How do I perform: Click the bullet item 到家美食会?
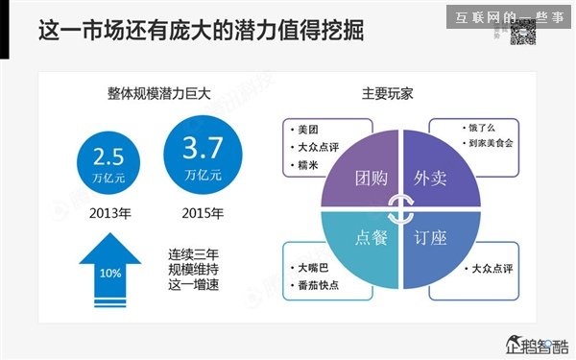click(491, 142)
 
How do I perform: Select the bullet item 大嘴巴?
click(313, 266)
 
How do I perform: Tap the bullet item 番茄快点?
click(318, 284)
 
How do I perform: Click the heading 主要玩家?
click(388, 94)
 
